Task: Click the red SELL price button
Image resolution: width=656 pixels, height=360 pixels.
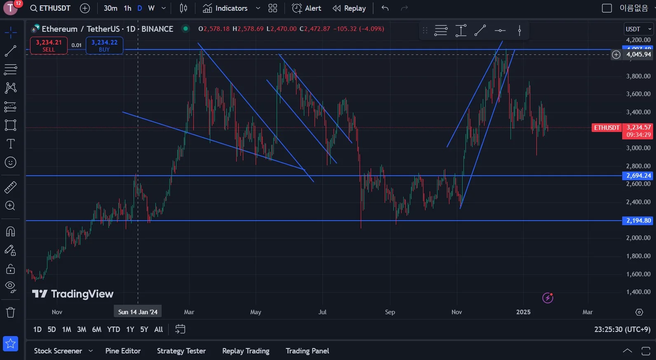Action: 49,45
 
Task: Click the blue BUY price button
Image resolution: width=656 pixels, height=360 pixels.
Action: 104,45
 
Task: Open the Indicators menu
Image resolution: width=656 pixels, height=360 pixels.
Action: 226,8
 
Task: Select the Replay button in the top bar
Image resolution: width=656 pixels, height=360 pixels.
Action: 349,8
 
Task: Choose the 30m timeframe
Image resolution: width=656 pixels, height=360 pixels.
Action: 111,8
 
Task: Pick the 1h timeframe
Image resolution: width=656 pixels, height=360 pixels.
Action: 128,8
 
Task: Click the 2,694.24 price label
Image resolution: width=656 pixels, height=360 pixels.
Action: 638,176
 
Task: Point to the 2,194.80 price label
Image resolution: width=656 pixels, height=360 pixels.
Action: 638,221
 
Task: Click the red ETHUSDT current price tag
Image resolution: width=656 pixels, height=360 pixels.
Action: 607,128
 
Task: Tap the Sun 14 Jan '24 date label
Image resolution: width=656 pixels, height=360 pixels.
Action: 138,312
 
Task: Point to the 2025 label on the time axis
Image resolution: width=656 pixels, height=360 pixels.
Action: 523,312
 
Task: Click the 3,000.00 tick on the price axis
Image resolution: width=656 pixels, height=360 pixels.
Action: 638,148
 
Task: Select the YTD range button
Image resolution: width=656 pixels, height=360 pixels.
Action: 113,329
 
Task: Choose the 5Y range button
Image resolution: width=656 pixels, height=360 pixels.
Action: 144,329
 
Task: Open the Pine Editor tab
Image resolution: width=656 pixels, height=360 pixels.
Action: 123,351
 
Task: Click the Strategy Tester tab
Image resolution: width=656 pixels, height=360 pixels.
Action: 181,351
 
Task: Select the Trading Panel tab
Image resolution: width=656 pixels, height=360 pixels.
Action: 307,351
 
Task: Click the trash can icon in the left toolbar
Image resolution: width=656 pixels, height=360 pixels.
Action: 10,313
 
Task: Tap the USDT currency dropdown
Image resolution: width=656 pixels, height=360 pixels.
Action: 638,29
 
